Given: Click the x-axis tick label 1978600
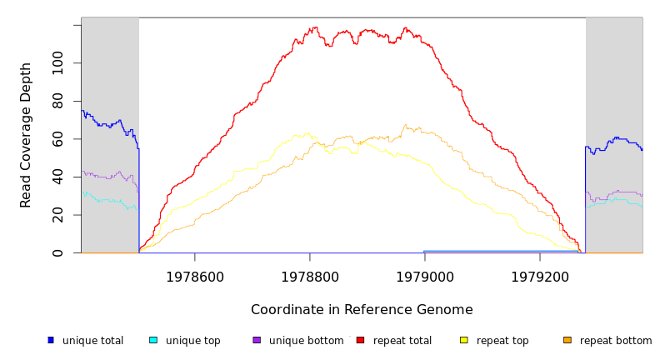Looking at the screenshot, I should tap(195, 277).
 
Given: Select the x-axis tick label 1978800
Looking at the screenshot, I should tap(310, 277).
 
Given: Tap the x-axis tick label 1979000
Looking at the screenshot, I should tap(425, 277).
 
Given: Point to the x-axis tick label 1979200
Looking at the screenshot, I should tap(540, 277).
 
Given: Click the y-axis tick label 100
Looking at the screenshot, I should tap(57, 62).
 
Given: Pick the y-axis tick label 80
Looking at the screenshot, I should tap(57, 101).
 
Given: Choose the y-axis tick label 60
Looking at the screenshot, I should tap(57, 138).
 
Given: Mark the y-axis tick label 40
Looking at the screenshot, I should tap(57, 177).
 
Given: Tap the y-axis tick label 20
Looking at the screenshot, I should tap(57, 215).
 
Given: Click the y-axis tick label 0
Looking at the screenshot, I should tap(57, 252).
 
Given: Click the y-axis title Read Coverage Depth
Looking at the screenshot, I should tap(26, 135).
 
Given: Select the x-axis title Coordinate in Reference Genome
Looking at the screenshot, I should tap(362, 310).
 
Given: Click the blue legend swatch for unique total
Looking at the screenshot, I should tap(51, 340).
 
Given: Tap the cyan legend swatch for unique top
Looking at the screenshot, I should tap(153, 340).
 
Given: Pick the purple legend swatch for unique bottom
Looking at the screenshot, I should tap(257, 340).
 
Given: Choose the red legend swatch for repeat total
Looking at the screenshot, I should tap(360, 340).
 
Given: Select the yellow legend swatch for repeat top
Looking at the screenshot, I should tap(464, 340).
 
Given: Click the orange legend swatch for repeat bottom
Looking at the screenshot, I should tap(567, 340).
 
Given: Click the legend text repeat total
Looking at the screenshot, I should tap(402, 341).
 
